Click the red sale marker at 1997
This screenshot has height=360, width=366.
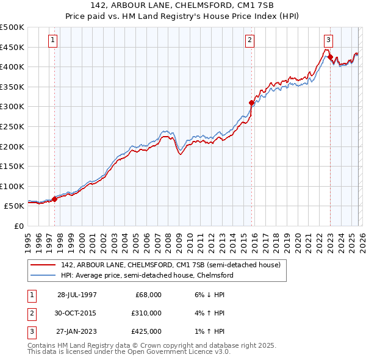pyautogui.click(x=55, y=198)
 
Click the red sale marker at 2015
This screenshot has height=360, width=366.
pyautogui.click(x=251, y=103)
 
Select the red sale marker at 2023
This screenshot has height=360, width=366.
pyautogui.click(x=330, y=58)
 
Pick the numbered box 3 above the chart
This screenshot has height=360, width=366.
pyautogui.click(x=328, y=40)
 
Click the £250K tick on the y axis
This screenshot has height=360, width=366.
pyautogui.click(x=12, y=126)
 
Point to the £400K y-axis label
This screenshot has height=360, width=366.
pyautogui.click(x=12, y=67)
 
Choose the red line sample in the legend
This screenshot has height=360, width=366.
pyautogui.click(x=43, y=265)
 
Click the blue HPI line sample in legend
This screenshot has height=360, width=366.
pyautogui.click(x=43, y=275)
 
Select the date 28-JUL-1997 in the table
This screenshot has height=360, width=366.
pyautogui.click(x=77, y=294)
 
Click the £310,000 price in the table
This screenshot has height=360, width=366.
pyautogui.click(x=145, y=313)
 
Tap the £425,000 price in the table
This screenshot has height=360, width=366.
pyautogui.click(x=145, y=332)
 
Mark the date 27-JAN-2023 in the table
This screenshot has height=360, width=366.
pyautogui.click(x=77, y=332)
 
